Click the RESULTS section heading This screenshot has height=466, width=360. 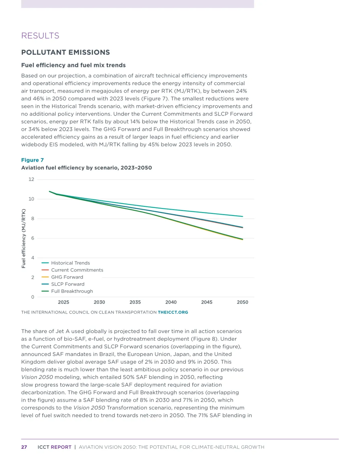(x=40, y=36)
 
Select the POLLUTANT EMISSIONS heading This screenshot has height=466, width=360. (x=65, y=52)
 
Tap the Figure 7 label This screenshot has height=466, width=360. (x=32, y=160)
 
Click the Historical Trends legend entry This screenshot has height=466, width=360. (x=70, y=263)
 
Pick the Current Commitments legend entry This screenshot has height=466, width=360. (x=77, y=270)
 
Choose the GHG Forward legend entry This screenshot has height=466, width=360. (x=67, y=277)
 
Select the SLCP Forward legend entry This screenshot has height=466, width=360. (x=68, y=284)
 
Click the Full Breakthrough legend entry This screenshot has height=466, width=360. (x=72, y=291)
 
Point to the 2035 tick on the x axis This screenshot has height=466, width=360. (x=135, y=302)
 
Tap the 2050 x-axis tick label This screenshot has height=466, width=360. (x=242, y=302)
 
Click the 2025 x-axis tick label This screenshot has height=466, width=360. (x=63, y=302)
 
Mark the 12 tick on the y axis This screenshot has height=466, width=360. (x=31, y=179)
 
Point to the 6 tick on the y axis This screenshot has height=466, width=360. (x=33, y=238)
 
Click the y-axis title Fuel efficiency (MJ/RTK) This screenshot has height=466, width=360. (x=24, y=238)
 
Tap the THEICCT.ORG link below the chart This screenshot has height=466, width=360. (x=173, y=312)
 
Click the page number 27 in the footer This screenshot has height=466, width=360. (x=24, y=447)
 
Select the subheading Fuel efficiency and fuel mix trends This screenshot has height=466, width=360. (x=73, y=65)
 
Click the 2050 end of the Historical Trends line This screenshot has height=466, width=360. (x=242, y=216)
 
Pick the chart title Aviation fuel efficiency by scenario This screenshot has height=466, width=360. (x=86, y=168)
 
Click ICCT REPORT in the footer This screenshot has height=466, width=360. (x=54, y=447)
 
